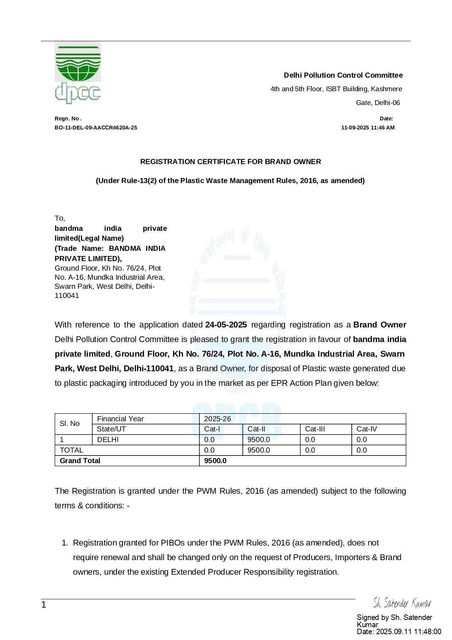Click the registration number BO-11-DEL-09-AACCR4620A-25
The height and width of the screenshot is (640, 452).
96,128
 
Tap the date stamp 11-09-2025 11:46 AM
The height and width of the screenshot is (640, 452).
368,128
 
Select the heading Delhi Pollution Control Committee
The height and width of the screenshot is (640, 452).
343,75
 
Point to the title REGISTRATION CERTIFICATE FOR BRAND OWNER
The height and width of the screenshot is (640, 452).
230,162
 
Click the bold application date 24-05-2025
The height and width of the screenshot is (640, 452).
226,325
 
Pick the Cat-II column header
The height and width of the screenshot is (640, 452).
256,429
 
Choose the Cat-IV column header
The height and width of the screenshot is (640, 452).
366,429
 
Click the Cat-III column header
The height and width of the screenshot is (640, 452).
315,429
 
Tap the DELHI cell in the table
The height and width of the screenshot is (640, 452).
108,440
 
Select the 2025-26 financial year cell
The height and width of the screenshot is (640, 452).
217,419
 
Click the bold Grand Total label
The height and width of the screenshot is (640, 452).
80,461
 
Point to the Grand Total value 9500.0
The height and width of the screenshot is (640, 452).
215,461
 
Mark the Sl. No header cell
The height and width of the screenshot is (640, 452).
70,424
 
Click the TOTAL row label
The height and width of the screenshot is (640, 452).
71,450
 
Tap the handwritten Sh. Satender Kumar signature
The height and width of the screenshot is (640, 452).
402,603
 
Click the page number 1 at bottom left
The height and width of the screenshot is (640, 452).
44,605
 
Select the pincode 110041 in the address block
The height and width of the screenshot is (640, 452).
67,296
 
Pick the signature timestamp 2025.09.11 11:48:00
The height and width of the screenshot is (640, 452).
408,632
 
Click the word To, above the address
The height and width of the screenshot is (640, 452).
60,218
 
